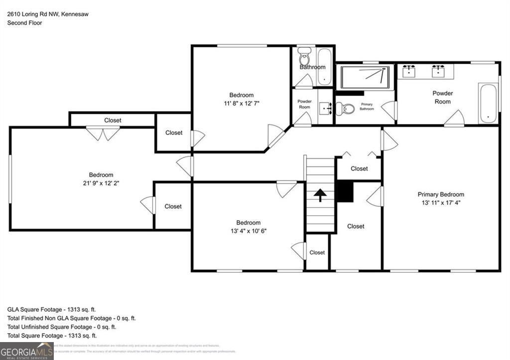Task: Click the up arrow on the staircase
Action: pyautogui.click(x=320, y=195)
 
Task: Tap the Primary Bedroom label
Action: pyautogui.click(x=441, y=195)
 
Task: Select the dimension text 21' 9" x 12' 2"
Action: pyautogui.click(x=101, y=183)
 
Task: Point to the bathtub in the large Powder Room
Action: pyautogui.click(x=488, y=103)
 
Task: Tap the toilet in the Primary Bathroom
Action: pyautogui.click(x=345, y=108)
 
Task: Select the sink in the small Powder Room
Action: pyautogui.click(x=325, y=108)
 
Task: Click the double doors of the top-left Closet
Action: pyautogui.click(x=103, y=133)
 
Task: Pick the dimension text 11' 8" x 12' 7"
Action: pyautogui.click(x=241, y=104)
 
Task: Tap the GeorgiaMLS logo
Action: pyautogui.click(x=27, y=351)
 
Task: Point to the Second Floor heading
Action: pyautogui.click(x=25, y=23)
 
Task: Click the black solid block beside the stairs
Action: pyautogui.click(x=345, y=192)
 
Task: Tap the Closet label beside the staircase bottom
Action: pyautogui.click(x=317, y=252)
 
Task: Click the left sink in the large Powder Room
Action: pyautogui.click(x=409, y=71)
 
